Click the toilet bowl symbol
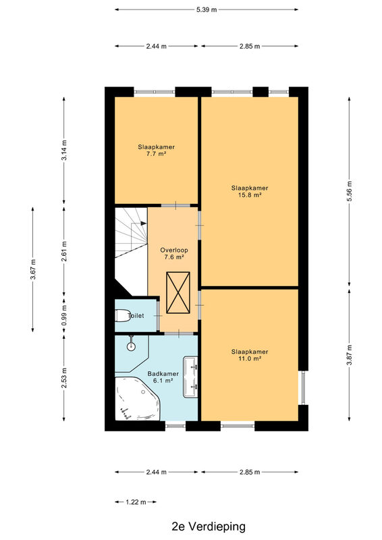click(121, 316)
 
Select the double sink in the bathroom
click(190, 377)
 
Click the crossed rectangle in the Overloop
click(178, 293)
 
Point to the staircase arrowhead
click(144, 223)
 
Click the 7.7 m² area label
click(156, 154)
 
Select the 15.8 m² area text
click(250, 195)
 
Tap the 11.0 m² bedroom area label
click(250, 358)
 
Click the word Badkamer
click(163, 374)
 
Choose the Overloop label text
click(174, 250)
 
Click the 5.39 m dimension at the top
click(207, 9)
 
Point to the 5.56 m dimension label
click(350, 192)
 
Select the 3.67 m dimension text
click(32, 269)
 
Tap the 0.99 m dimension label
click(64, 315)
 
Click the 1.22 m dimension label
click(136, 502)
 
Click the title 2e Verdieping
click(209, 526)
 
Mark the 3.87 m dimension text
click(350, 355)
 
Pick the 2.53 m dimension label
click(64, 378)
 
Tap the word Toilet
click(136, 315)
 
